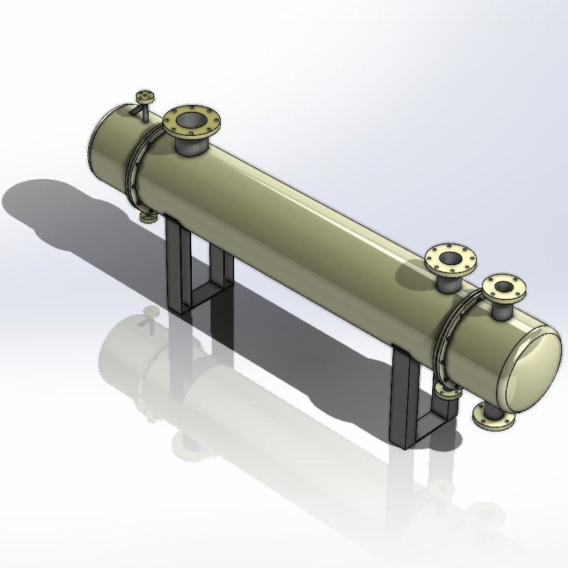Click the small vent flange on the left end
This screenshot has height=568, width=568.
pyautogui.click(x=145, y=95)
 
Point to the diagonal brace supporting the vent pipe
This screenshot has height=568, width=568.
pyautogui.click(x=139, y=110)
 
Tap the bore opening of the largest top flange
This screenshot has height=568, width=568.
pyautogui.click(x=190, y=121)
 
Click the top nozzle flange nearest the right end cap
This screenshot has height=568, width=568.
pyautogui.click(x=503, y=287)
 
